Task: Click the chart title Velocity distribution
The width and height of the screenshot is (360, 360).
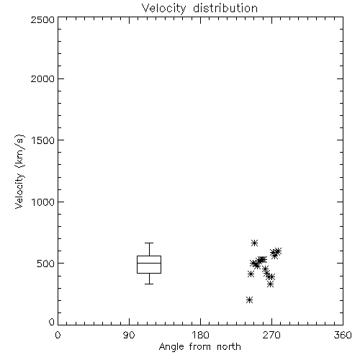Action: click(199, 8)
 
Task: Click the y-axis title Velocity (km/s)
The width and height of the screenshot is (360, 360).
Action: click(19, 171)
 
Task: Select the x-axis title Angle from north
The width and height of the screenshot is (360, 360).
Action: click(199, 347)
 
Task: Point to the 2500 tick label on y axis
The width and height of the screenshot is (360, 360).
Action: click(42, 19)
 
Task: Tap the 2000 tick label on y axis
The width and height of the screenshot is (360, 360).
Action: click(42, 78)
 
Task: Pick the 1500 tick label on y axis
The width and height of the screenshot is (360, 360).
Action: click(43, 140)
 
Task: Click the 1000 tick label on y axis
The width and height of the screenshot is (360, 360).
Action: click(43, 202)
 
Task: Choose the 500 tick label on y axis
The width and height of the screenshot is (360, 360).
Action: click(46, 264)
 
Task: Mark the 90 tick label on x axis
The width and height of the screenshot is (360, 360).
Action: click(129, 335)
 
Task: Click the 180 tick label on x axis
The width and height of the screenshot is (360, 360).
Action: click(200, 335)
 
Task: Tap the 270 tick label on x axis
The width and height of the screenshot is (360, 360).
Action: click(271, 335)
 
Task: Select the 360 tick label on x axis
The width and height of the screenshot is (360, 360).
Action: click(343, 335)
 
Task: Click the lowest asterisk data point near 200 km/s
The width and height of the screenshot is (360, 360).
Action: click(249, 300)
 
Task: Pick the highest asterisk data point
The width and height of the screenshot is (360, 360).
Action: click(254, 243)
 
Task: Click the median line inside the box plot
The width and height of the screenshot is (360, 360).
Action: click(149, 263)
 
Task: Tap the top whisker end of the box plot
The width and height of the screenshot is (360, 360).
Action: click(149, 243)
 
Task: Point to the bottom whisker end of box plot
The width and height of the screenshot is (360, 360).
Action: click(149, 284)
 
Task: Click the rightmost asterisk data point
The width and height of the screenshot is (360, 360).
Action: click(278, 251)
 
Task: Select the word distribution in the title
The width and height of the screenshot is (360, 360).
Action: click(225, 8)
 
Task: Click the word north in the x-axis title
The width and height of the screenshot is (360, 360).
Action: click(229, 347)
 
